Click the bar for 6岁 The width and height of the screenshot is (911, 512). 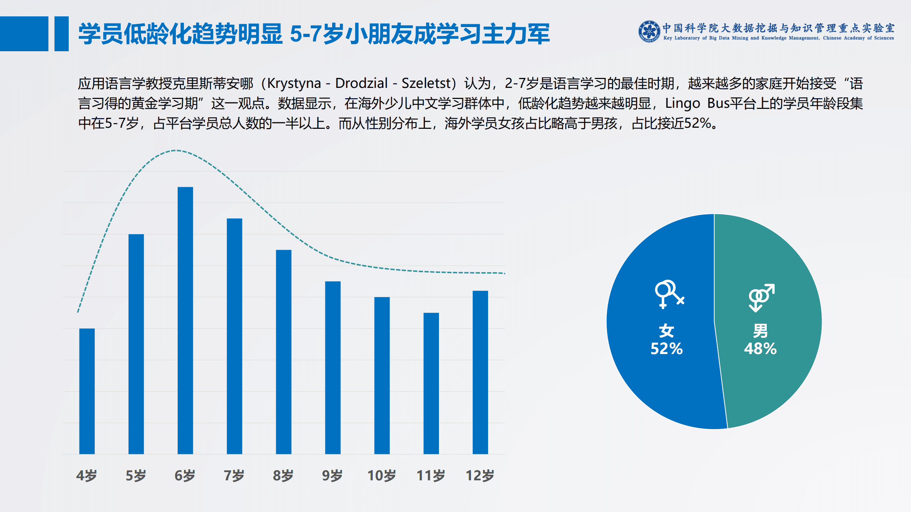tap(185, 320)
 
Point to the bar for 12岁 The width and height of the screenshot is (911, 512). tap(480, 372)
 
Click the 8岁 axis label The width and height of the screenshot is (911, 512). tap(283, 475)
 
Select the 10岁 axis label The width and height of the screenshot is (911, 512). tap(381, 475)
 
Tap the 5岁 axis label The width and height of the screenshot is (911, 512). tap(136, 475)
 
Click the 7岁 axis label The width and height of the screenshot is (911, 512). tap(234, 475)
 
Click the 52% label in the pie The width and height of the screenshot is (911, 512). tap(666, 349)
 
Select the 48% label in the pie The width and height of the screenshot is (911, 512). tap(760, 349)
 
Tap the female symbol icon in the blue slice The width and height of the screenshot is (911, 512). tap(669, 294)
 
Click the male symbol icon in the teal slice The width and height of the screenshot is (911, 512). tap(761, 297)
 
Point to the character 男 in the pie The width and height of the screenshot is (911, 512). tap(760, 331)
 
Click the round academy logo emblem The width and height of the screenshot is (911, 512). tap(649, 31)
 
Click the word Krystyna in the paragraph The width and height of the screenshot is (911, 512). tap(294, 83)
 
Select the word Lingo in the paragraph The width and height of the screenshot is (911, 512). tap(682, 103)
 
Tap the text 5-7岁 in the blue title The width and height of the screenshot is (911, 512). tap(316, 34)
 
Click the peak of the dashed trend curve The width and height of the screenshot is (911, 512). tap(177, 151)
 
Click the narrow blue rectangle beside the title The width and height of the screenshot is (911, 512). tap(61, 34)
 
